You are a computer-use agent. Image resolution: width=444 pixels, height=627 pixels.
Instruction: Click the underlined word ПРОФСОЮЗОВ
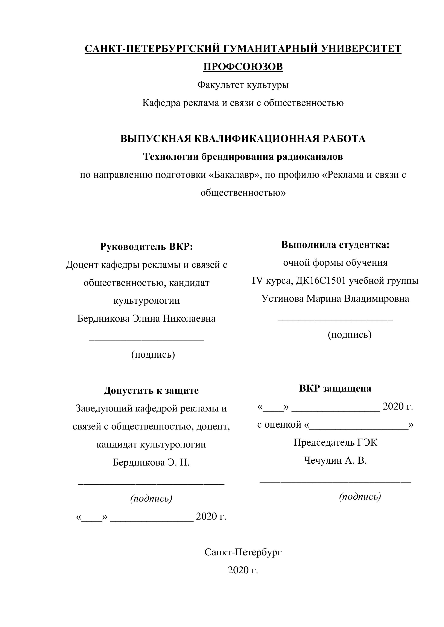(243, 67)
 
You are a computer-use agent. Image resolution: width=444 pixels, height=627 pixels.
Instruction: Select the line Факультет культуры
(243, 85)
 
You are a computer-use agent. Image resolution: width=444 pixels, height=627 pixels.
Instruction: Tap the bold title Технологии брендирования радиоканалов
(243, 157)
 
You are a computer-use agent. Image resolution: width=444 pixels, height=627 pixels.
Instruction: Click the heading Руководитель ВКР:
(147, 246)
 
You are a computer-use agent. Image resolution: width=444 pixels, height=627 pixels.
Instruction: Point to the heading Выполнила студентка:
(335, 245)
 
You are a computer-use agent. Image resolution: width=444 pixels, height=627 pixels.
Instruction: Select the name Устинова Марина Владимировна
(335, 298)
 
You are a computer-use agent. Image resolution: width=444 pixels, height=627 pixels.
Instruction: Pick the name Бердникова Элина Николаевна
(147, 318)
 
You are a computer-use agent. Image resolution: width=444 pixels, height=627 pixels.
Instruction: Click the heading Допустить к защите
(151, 390)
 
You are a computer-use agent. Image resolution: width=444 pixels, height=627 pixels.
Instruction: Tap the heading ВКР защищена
(335, 388)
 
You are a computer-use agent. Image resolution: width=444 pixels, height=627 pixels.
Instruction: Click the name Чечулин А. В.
(335, 460)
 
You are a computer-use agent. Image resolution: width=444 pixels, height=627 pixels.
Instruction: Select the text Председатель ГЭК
(335, 442)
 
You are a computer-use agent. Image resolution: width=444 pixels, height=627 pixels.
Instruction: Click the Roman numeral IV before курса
(257, 281)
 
